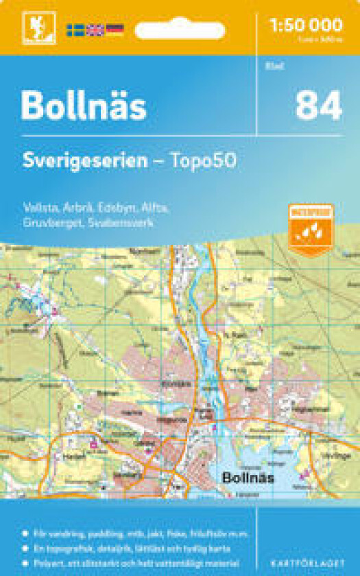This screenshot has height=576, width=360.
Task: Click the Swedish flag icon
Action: pos(75,29)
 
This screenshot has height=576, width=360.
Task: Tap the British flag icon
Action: pos(95,29)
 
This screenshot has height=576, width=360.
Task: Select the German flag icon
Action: pos(115,29)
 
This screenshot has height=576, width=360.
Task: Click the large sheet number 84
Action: pos(318,106)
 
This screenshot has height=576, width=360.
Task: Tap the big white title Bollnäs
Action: pos(83,106)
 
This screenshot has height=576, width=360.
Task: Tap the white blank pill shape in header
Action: pos(180,31)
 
